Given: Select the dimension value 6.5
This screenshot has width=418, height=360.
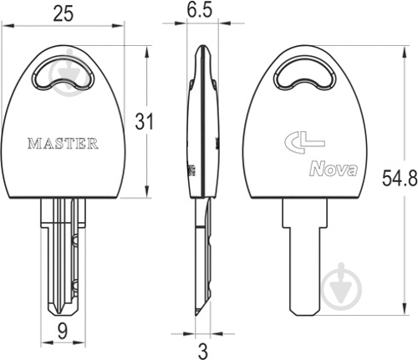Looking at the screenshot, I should pyautogui.click(x=201, y=13).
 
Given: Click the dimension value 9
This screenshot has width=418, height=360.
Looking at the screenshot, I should pyautogui.click(x=61, y=332).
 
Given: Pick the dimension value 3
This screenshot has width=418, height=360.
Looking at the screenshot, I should pyautogui.click(x=200, y=346).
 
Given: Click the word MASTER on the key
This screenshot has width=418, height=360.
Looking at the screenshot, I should pyautogui.click(x=64, y=143).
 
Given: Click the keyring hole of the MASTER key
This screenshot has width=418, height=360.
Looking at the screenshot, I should pyautogui.click(x=64, y=73).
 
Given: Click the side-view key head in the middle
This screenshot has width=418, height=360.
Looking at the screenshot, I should pyautogui.click(x=201, y=125).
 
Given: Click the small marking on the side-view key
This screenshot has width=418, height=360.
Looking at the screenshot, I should pyautogui.click(x=191, y=170).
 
